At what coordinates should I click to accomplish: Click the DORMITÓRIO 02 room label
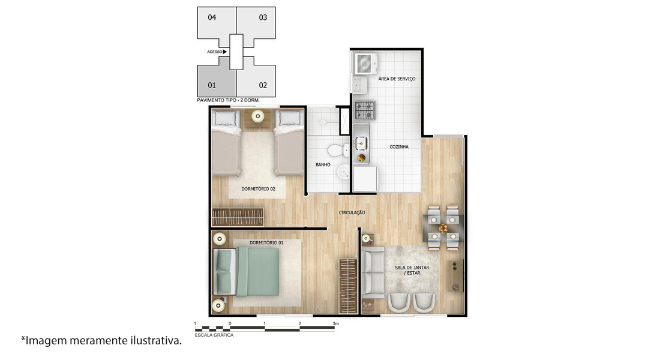click(x=258, y=189)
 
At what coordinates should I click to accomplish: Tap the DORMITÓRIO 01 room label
click(x=266, y=243)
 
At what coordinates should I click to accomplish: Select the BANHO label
click(x=323, y=165)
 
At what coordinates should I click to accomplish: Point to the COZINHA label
click(x=399, y=147)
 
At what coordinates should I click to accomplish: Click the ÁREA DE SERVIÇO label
click(x=397, y=79)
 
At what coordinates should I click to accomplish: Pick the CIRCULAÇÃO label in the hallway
click(x=352, y=212)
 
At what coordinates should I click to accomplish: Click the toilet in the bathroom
click(x=338, y=150)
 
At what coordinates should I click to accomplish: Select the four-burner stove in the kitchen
click(x=365, y=110)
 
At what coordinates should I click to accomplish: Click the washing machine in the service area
click(x=364, y=64)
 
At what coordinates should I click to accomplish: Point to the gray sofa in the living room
click(x=373, y=272)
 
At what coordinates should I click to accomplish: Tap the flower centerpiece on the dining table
click(x=443, y=228)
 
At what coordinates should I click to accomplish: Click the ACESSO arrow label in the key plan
click(x=217, y=52)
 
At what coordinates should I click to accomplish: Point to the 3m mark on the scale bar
click(x=335, y=323)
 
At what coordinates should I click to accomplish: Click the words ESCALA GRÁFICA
click(x=214, y=335)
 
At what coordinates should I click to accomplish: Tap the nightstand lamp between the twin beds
click(x=257, y=116)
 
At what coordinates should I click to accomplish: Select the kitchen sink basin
click(x=361, y=143)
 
